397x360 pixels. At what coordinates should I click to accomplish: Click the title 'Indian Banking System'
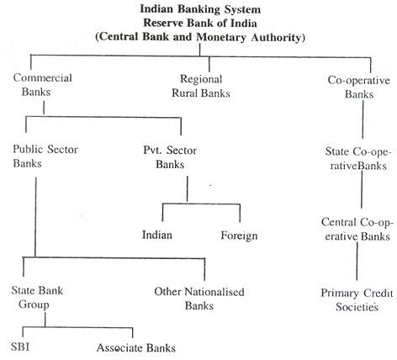pos(200,9)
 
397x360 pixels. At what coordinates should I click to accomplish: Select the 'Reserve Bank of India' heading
pos(200,23)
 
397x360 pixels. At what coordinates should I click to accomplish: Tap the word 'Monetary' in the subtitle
pos(221,37)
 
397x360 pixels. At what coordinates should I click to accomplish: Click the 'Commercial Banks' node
pos(43,85)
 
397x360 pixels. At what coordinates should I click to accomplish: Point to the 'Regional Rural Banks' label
pos(201,86)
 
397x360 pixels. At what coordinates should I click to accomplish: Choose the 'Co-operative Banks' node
pos(359,87)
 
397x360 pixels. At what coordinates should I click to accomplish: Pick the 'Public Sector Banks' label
pos(45,156)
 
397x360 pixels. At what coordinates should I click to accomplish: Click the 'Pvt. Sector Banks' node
pos(170,157)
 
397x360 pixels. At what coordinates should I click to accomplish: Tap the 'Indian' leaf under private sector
pos(157,235)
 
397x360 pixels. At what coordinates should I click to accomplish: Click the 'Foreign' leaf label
pos(239,236)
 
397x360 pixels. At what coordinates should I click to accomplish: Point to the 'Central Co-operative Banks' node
pos(357,229)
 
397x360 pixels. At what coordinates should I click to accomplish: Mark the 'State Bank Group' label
pos(37,297)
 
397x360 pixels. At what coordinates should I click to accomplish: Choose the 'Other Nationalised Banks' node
pos(199,299)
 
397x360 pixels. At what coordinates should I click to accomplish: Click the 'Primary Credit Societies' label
pos(357,299)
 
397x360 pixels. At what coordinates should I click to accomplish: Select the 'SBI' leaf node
pos(20,347)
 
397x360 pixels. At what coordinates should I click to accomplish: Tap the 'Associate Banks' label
pos(136,348)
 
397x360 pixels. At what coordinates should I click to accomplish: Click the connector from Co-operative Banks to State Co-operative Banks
pos(363,119)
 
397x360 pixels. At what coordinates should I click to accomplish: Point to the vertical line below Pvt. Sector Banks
pos(188,188)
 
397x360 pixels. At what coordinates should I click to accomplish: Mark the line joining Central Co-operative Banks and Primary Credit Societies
pos(357,262)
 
